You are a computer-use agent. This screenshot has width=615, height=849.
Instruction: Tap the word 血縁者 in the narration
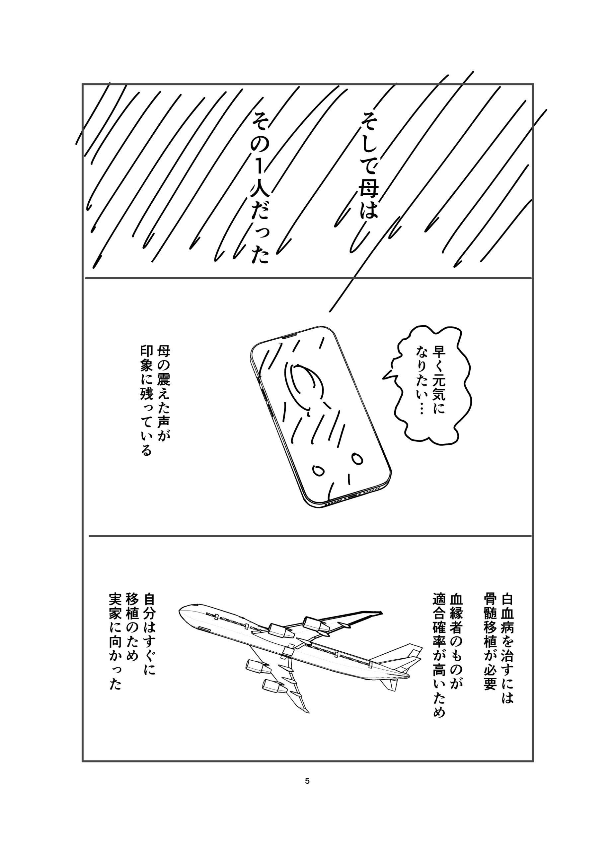[x=457, y=613]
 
